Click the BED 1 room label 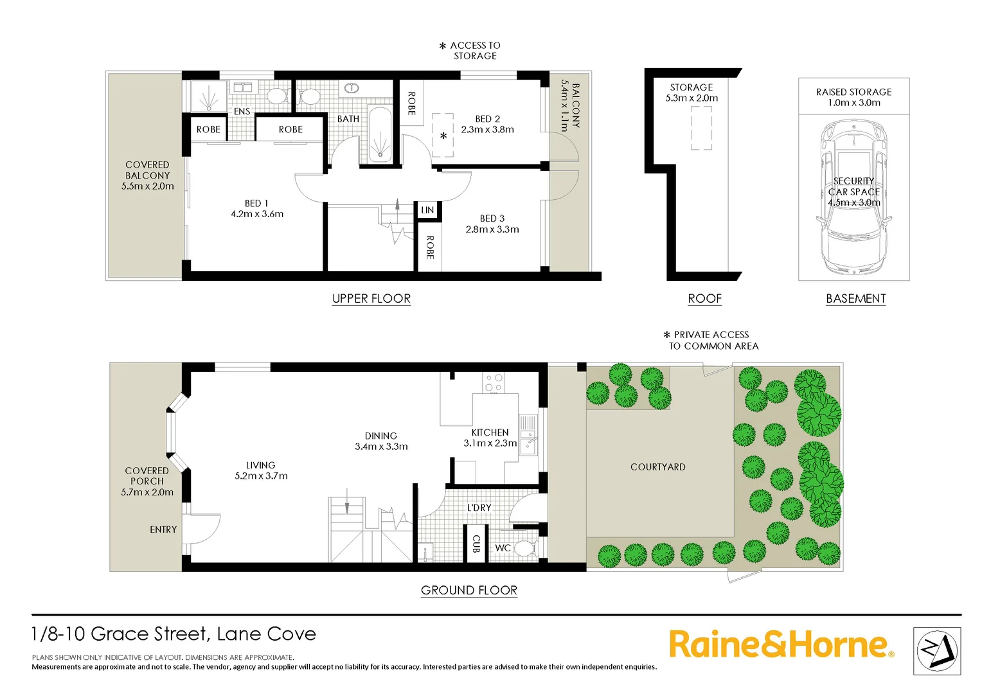tap(256, 203)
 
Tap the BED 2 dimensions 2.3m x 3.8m tap(487, 130)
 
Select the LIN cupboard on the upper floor tap(427, 210)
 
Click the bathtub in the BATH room tap(380, 134)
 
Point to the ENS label tap(242, 111)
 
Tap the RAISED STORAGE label tap(853, 92)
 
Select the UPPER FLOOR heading tap(371, 298)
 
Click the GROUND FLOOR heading tap(469, 590)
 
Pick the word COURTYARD tap(657, 467)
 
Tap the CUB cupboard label tap(476, 544)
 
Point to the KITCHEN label tap(490, 432)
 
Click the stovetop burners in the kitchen tap(494, 383)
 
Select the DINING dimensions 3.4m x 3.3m tap(381, 447)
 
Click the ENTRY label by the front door tap(163, 529)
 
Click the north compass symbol tap(936, 651)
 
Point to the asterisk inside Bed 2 tap(443, 136)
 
